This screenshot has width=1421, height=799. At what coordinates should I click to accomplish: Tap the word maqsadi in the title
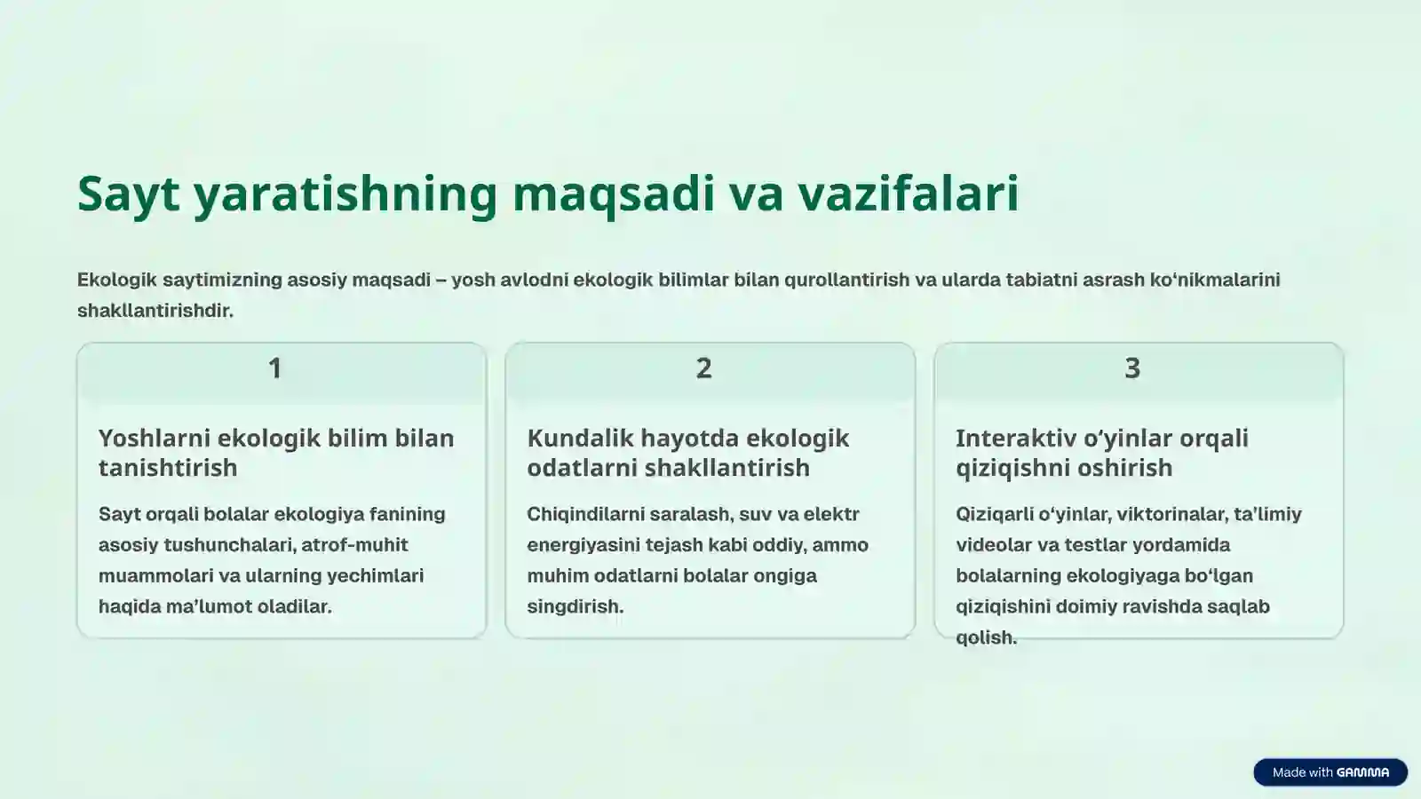613,194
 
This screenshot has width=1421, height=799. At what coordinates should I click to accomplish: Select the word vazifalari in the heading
908,194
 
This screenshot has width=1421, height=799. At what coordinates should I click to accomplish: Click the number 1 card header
275,368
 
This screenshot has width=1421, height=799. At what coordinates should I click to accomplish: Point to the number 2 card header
703,368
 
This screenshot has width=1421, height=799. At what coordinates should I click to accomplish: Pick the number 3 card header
1132,368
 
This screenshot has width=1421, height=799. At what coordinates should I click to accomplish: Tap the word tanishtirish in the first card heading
168,468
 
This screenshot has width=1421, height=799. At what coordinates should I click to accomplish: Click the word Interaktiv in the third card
1013,439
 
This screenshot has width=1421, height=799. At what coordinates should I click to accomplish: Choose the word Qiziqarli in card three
994,514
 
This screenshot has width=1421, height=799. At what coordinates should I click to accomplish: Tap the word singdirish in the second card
575,607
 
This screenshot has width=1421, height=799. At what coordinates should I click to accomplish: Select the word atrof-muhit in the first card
354,545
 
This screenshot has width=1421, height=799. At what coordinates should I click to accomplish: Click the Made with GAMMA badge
1330,772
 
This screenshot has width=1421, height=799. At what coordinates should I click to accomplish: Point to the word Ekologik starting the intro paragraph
116,280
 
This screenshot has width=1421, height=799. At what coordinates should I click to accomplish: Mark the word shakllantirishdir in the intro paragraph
155,311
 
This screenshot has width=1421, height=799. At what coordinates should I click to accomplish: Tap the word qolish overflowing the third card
986,637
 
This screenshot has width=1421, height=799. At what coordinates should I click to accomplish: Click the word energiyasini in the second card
583,545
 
